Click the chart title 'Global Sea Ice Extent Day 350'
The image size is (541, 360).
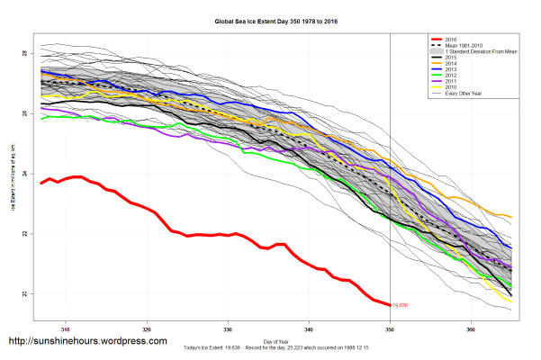click(270, 18)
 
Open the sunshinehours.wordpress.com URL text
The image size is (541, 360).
click(87, 342)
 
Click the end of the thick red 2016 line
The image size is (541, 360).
click(390, 305)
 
